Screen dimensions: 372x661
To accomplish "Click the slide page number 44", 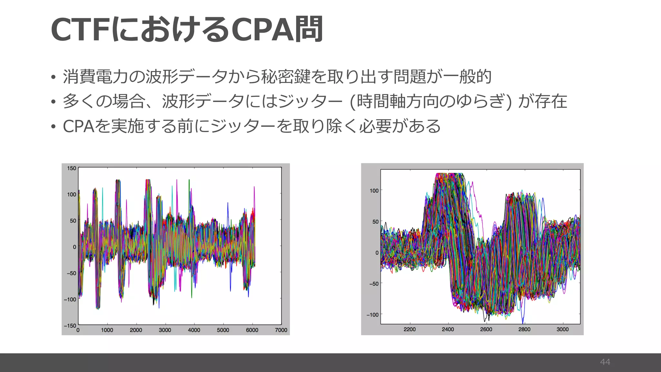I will coord(605,362).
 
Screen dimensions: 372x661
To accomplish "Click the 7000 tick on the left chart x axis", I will coord(281,330).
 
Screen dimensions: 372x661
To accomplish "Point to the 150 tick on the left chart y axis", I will coord(72,168).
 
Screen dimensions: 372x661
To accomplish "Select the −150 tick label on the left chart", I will coord(70,325).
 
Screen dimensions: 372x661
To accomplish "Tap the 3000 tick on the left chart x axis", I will coord(165,330).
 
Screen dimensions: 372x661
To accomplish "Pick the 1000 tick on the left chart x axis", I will coord(107,330).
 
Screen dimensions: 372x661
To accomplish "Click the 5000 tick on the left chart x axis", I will coord(223,330).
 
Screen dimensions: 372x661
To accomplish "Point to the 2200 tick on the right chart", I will coord(410,329).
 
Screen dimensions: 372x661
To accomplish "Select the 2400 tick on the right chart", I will coord(448,329).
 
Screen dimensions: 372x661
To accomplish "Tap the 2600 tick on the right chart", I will coord(486,329).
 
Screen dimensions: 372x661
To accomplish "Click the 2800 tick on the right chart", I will coord(524,329).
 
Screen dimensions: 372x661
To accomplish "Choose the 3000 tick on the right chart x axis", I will coord(563,329).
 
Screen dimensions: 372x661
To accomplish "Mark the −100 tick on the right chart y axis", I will coord(372,315).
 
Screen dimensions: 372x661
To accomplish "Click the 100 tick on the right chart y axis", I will coord(374,191).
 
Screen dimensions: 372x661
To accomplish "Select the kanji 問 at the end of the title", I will coord(309,30).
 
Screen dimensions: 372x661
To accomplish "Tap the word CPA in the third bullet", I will coord(78,126).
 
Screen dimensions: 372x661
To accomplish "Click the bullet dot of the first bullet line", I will coord(53,77).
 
